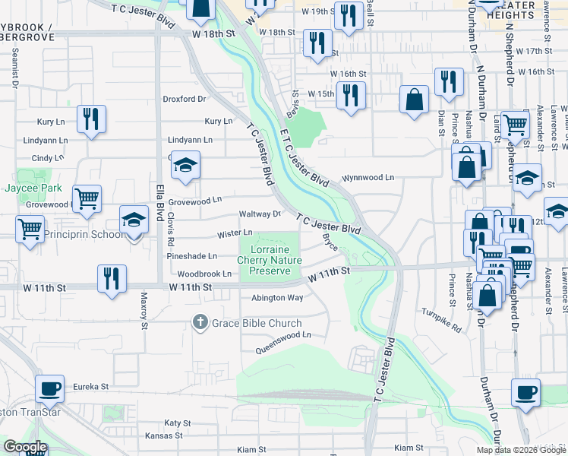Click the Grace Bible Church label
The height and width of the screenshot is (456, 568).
point(246,322)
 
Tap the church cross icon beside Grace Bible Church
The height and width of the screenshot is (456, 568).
point(200,322)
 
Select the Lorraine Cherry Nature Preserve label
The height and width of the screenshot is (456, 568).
point(270,260)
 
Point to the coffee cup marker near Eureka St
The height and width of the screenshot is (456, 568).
point(51,389)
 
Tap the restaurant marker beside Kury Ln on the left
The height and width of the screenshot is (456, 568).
point(91,119)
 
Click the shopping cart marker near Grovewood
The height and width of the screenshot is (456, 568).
point(87,199)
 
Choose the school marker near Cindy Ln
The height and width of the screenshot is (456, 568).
point(184,166)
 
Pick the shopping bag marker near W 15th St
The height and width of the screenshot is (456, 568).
point(414,100)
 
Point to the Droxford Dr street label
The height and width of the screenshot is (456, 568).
point(185,99)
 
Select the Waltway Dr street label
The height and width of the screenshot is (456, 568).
point(260,214)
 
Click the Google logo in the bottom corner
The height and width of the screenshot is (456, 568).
point(25,447)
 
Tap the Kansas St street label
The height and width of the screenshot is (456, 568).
point(164,435)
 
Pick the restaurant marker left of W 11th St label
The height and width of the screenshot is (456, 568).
point(112,278)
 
